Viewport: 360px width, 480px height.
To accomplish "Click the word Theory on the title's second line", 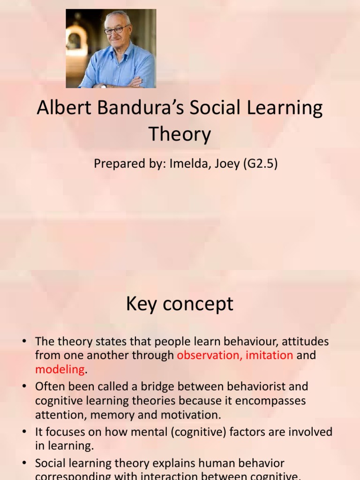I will [180, 135].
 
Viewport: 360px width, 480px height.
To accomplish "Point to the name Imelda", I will [187, 164].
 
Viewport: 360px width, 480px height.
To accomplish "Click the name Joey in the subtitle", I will [226, 164].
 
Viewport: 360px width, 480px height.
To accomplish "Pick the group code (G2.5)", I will [260, 164].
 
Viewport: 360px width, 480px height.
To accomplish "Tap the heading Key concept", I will [180, 304].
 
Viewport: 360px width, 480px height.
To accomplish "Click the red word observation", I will [208, 355].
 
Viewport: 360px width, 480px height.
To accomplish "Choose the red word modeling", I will [60, 369].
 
